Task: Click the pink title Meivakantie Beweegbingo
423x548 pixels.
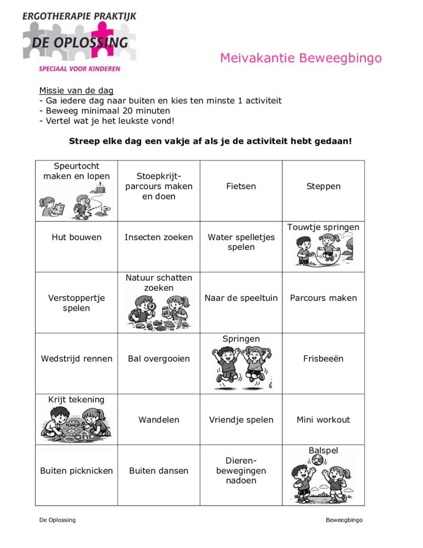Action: coord(301,58)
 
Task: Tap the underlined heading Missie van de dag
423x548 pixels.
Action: coord(76,90)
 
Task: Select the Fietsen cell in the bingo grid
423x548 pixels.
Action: coord(241,186)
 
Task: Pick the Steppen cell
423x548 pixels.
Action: coord(323,186)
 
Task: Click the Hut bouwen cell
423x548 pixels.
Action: coord(76,237)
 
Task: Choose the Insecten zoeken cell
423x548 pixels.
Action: coord(159,237)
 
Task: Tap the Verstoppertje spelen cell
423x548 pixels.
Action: coord(76,303)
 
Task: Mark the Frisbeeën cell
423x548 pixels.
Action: coord(323,359)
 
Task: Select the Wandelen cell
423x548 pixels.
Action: coord(159,420)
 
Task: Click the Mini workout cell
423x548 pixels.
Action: coord(323,420)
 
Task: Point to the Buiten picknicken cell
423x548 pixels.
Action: coord(76,471)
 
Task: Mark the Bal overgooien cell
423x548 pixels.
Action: coord(159,359)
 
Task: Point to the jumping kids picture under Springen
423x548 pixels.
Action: coord(241,366)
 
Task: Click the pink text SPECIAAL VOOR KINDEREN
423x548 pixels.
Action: coord(79,68)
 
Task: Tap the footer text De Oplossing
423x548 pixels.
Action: coord(57,520)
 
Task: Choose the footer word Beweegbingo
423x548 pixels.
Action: coord(344,520)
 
